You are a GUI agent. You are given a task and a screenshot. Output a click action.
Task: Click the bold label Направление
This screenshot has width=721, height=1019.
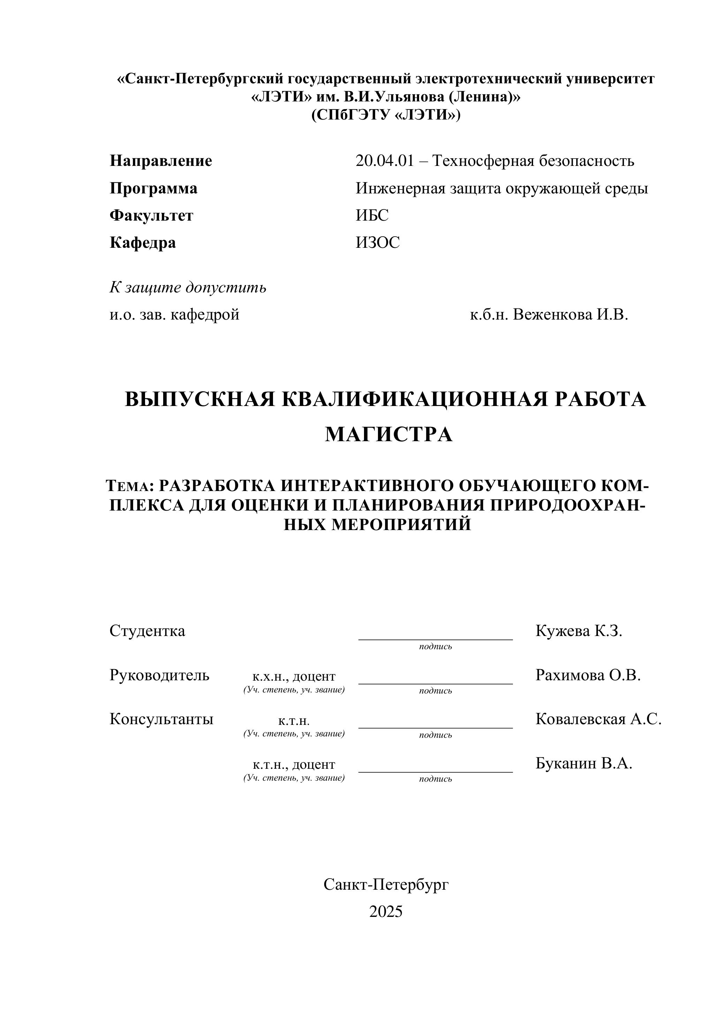[x=161, y=161]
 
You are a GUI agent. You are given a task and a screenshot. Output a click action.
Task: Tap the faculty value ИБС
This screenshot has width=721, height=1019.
[x=372, y=215]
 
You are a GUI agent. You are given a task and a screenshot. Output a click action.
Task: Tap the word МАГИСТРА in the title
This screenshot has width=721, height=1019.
[x=388, y=434]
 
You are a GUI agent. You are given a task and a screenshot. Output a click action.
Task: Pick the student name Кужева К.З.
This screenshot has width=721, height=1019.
[x=578, y=631]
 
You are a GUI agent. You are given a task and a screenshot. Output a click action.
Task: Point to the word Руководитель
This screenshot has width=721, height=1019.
[x=159, y=675]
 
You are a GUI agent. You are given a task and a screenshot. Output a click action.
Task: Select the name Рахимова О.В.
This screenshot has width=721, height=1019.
[x=588, y=675]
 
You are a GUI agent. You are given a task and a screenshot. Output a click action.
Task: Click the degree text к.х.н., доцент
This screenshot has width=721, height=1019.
[x=294, y=676]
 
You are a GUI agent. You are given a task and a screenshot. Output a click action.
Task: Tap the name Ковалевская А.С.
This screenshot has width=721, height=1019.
[x=598, y=719]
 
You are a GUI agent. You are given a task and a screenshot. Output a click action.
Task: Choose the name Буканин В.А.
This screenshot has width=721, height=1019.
[x=583, y=763]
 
